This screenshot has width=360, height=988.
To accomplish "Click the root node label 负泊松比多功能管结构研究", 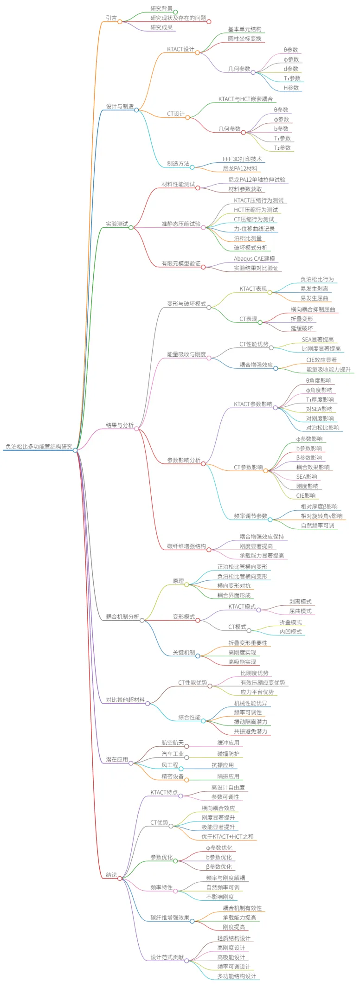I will (x=39, y=446).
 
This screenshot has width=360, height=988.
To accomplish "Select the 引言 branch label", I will (x=111, y=18).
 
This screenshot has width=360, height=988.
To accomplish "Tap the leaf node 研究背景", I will (x=161, y=8).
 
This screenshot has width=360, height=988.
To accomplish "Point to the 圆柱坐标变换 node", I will (x=244, y=38).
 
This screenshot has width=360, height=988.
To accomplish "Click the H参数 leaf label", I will (x=291, y=88).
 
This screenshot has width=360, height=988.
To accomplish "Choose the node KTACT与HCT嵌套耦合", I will (x=245, y=99).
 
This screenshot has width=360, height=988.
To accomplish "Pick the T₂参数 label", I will (x=282, y=148).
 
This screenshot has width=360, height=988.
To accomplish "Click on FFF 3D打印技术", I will (x=242, y=159).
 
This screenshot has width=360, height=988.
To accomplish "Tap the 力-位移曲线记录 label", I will (x=254, y=229).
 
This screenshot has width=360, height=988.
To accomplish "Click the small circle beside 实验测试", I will (x=131, y=227).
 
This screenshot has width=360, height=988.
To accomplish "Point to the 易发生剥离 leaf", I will (x=314, y=289).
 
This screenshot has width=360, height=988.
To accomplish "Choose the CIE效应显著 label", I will (x=321, y=359).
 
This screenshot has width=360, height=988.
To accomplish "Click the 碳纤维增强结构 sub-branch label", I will (x=186, y=546).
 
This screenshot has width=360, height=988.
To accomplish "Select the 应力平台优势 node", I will (x=257, y=692).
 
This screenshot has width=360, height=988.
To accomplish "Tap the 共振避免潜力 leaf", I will (x=251, y=731).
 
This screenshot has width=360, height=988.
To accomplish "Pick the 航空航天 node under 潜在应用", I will (x=173, y=742).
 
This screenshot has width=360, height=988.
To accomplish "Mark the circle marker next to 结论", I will (x=120, y=878).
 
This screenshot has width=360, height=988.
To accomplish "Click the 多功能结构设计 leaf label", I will (x=237, y=976).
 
